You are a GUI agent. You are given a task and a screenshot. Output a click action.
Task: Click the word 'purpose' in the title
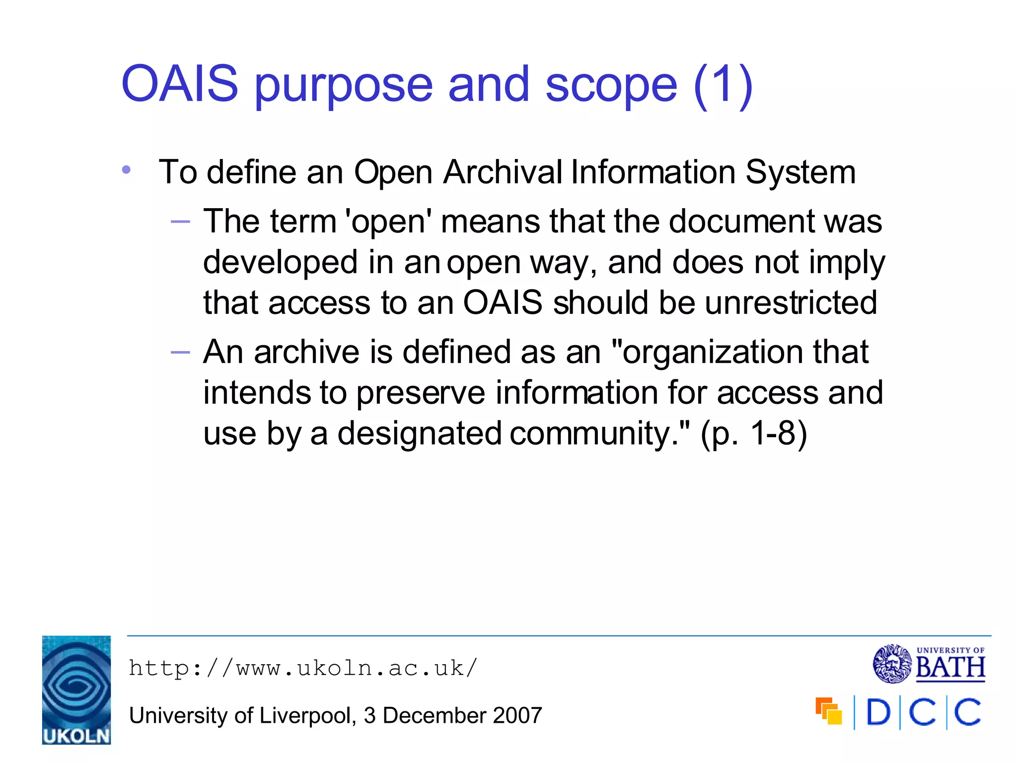pos(343,85)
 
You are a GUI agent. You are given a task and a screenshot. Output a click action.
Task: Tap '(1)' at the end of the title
pos(723,85)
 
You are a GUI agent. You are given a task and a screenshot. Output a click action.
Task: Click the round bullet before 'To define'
pos(126,170)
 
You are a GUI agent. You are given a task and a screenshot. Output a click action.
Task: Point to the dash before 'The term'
pos(180,222)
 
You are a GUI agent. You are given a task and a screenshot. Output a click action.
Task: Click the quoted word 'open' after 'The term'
pos(388,222)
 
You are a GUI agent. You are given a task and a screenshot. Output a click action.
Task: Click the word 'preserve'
pos(421,393)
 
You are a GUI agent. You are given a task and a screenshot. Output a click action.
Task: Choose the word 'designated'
pos(420,434)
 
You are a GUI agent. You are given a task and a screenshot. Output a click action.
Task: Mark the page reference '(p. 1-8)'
pos(753,434)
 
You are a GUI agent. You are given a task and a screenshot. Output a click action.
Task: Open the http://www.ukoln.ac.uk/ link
pos(303,668)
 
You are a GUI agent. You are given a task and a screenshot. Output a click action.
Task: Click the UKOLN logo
pos(76,690)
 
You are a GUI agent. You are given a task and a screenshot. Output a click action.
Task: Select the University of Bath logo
pos(929,664)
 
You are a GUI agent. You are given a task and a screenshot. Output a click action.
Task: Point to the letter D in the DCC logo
pos(878,713)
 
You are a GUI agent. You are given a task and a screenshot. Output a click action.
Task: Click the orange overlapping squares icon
pos(828,711)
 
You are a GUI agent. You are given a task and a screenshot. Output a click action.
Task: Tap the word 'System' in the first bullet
pos(800,172)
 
